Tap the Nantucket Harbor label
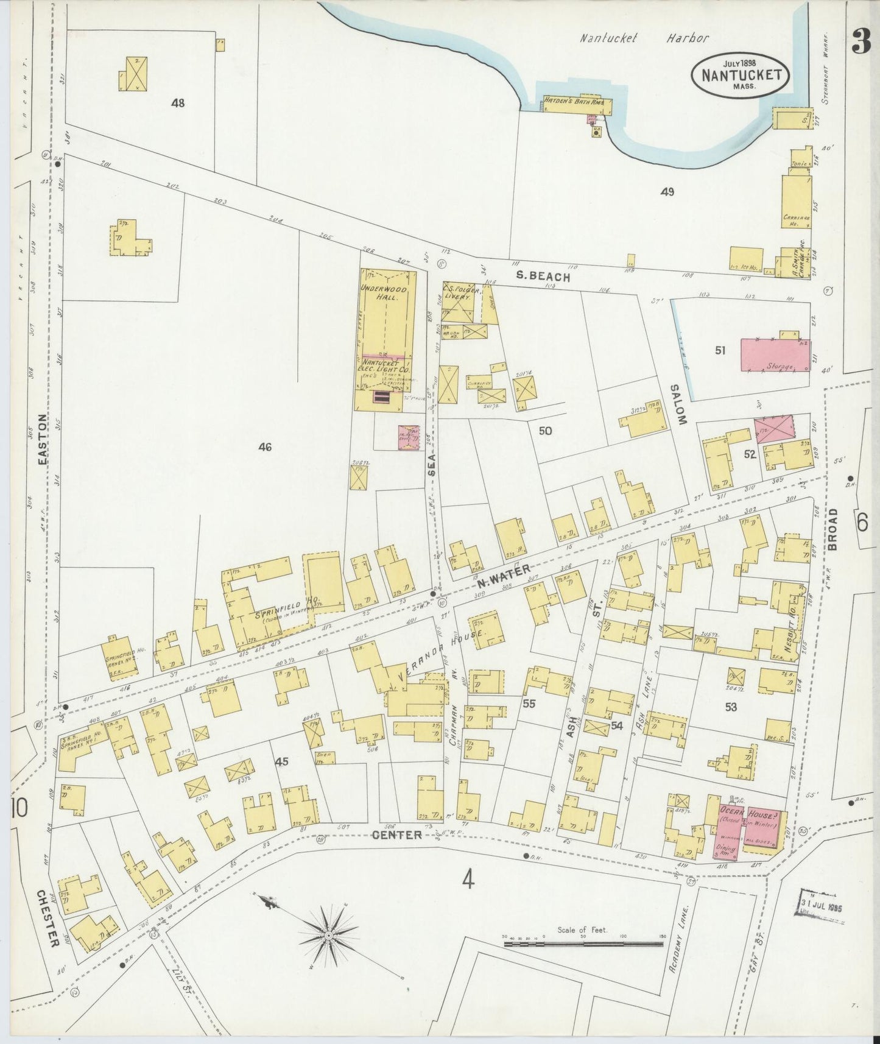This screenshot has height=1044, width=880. click(644, 38)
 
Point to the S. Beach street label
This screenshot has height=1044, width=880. click(543, 277)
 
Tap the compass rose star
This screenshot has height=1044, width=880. click(329, 934)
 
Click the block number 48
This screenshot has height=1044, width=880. click(178, 103)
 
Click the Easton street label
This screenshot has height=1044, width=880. click(42, 440)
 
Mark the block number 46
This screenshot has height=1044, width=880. click(264, 447)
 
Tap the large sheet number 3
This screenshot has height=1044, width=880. click(861, 41)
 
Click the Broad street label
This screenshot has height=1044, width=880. click(832, 529)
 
